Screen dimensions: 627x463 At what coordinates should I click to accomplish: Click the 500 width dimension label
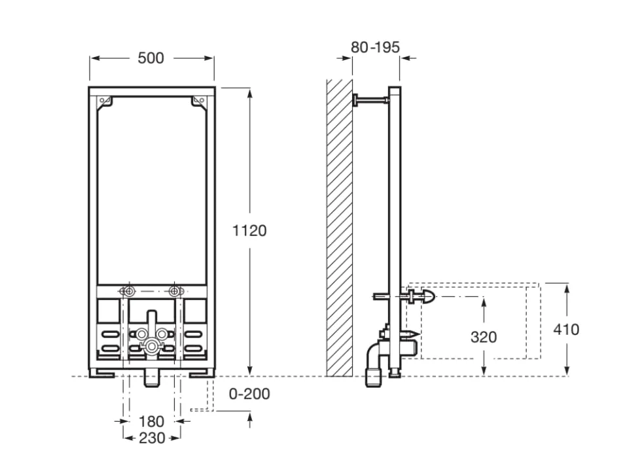[151, 58]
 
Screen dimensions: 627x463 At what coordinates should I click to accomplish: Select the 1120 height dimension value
[249, 230]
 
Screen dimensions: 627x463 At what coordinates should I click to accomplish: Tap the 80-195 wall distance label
[375, 47]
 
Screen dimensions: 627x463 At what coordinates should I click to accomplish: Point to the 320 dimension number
[484, 337]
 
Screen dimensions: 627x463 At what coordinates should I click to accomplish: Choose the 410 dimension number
[566, 330]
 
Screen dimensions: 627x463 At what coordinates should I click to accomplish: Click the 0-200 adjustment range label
[249, 394]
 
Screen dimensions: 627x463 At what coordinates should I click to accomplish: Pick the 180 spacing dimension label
[151, 421]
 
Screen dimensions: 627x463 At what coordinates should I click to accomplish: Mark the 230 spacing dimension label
[152, 438]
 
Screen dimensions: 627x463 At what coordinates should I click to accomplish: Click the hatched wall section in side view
[340, 228]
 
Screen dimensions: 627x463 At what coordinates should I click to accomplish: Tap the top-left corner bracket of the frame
[105, 101]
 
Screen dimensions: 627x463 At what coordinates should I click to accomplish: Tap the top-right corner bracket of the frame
[199, 101]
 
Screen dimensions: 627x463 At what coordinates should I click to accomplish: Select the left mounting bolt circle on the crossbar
[129, 291]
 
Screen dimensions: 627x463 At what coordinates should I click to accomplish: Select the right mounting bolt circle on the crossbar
[174, 291]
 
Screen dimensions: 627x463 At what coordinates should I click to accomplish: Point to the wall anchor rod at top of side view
[370, 100]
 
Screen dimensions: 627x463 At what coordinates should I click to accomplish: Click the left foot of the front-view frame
[101, 373]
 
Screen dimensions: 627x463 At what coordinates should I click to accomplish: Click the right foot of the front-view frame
[202, 373]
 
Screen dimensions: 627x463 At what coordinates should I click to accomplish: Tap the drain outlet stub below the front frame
[152, 377]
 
